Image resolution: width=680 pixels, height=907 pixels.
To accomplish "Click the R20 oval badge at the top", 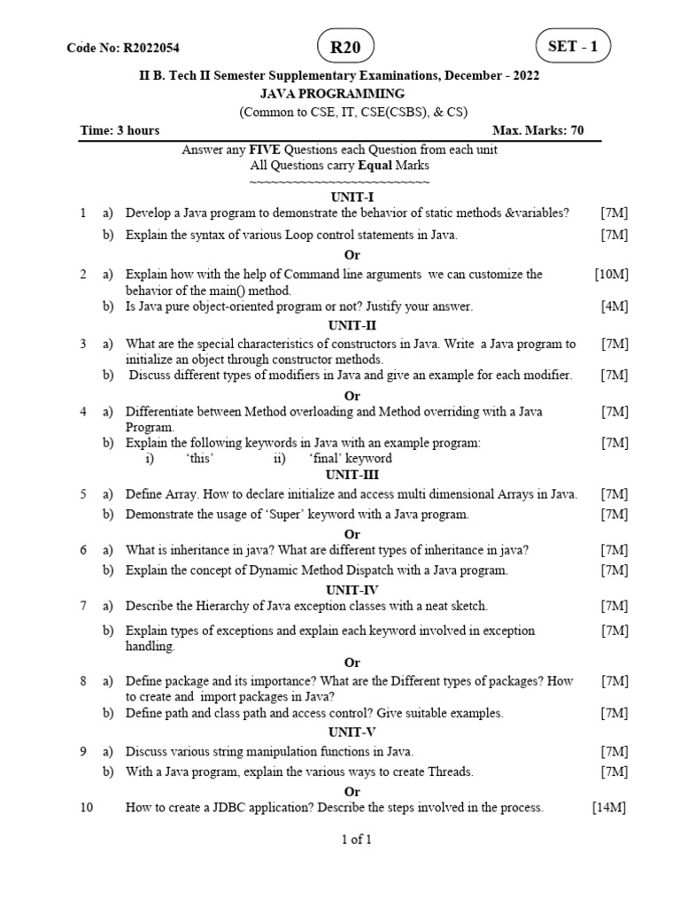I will [345, 48].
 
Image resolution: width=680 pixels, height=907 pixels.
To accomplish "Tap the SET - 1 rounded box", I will [573, 47].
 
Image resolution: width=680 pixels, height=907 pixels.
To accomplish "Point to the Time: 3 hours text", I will [120, 130].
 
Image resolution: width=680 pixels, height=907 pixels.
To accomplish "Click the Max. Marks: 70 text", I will [544, 130].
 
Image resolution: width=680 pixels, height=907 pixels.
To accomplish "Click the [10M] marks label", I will [612, 275].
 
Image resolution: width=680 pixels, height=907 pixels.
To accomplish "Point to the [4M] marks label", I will [614, 306].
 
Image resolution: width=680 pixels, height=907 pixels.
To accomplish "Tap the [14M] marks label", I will [609, 808].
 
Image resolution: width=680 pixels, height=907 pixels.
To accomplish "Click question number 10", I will [86, 808].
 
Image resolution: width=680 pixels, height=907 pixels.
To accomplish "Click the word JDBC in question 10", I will [227, 808].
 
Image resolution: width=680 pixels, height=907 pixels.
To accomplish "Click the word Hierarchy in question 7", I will [227, 606].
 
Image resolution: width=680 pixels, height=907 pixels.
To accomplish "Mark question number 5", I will [83, 494].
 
